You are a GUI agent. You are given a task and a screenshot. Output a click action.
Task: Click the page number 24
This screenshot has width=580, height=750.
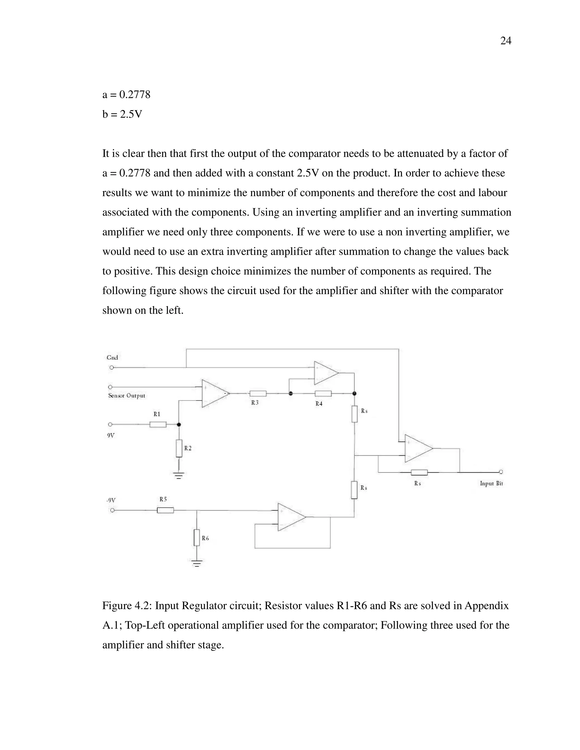click(506, 41)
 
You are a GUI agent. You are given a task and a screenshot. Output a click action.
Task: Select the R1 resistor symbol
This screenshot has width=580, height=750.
click(158, 425)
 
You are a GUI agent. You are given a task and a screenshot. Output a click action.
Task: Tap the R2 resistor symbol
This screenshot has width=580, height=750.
click(179, 449)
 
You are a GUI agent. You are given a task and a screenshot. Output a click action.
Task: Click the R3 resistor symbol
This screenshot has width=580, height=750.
click(258, 394)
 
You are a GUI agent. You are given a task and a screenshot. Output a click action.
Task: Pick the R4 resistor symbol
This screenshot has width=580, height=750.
click(323, 394)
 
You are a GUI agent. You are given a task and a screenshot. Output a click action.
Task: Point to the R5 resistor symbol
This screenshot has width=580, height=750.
click(165, 510)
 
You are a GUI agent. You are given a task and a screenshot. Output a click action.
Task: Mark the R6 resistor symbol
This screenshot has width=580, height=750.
click(197, 537)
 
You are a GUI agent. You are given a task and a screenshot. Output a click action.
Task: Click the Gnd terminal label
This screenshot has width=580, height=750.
click(112, 357)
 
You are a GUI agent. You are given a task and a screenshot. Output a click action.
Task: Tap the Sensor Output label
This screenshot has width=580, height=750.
click(126, 396)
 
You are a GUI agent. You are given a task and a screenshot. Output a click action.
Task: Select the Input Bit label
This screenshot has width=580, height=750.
click(491, 483)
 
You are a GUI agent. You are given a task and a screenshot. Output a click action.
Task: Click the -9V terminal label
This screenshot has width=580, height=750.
click(111, 500)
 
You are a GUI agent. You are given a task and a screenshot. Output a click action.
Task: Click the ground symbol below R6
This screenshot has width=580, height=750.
click(197, 563)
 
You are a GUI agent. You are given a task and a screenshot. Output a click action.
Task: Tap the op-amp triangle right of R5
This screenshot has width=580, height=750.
click(291, 517)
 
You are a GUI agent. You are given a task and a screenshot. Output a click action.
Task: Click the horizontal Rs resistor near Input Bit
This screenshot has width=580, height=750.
click(419, 473)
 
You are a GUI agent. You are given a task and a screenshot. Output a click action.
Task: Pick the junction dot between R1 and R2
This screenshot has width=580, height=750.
click(179, 425)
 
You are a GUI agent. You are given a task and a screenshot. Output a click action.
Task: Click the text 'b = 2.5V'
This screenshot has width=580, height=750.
click(122, 114)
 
